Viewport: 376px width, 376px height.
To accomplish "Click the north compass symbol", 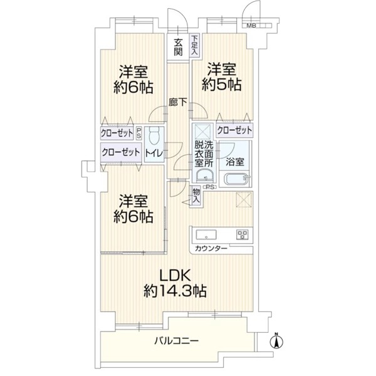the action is click(x=276, y=341).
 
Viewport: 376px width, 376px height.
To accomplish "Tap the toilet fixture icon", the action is click(x=154, y=137).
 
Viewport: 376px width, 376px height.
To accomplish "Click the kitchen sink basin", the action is click(x=206, y=234).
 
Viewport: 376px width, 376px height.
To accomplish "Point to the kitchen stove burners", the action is click(x=242, y=234).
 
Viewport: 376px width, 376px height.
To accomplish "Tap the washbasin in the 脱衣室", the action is click(x=204, y=176).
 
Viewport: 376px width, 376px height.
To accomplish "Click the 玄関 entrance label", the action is click(x=178, y=47).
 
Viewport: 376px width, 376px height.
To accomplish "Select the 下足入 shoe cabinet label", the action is click(x=195, y=46).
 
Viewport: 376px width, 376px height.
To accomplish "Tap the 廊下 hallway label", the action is click(x=178, y=103).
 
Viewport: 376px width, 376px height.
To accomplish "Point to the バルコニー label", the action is click(x=176, y=340).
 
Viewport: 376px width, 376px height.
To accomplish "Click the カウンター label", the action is click(x=211, y=249).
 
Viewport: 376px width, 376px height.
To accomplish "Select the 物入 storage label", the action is click(x=196, y=196).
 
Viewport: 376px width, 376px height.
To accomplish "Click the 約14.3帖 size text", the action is click(x=175, y=291).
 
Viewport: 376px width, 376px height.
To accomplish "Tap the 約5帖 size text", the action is click(x=222, y=85).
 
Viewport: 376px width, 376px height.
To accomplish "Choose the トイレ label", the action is click(x=154, y=153).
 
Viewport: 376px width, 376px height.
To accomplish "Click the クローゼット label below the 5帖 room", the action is click(x=234, y=130).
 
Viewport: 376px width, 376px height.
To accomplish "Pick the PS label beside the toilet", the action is click(x=139, y=133).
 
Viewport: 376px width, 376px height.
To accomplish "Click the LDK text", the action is click(x=175, y=276).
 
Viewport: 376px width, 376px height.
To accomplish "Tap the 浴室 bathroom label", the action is click(x=235, y=162).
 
